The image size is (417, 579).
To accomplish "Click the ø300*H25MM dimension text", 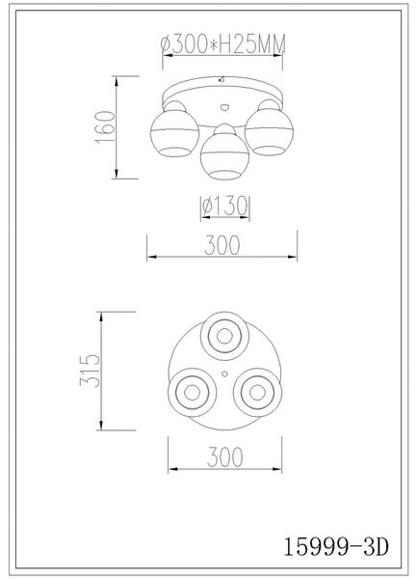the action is (x=223, y=44).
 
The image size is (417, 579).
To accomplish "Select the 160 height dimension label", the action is (x=105, y=127).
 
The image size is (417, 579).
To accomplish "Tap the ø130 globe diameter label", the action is (x=224, y=206).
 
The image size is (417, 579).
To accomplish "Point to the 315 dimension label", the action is (x=90, y=371).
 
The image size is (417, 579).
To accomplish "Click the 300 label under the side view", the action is (x=222, y=245).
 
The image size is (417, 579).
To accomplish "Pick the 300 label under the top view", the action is (x=224, y=457).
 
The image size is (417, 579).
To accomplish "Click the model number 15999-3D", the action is (x=336, y=547).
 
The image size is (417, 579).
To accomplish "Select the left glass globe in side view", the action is (x=174, y=133).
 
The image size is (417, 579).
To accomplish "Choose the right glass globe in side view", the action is (x=269, y=132).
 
